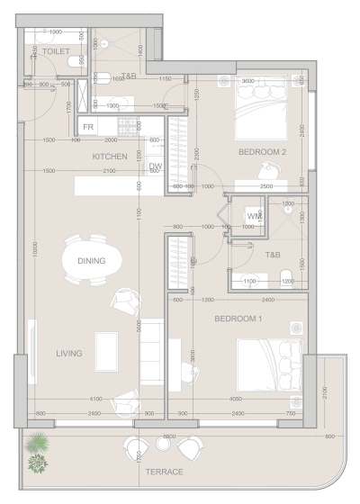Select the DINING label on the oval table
(x=91, y=261)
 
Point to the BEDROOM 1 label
(x=238, y=319)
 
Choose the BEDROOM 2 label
(x=262, y=153)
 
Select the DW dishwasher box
(x=155, y=167)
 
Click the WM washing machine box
(x=253, y=217)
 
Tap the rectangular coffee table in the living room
(x=107, y=349)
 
